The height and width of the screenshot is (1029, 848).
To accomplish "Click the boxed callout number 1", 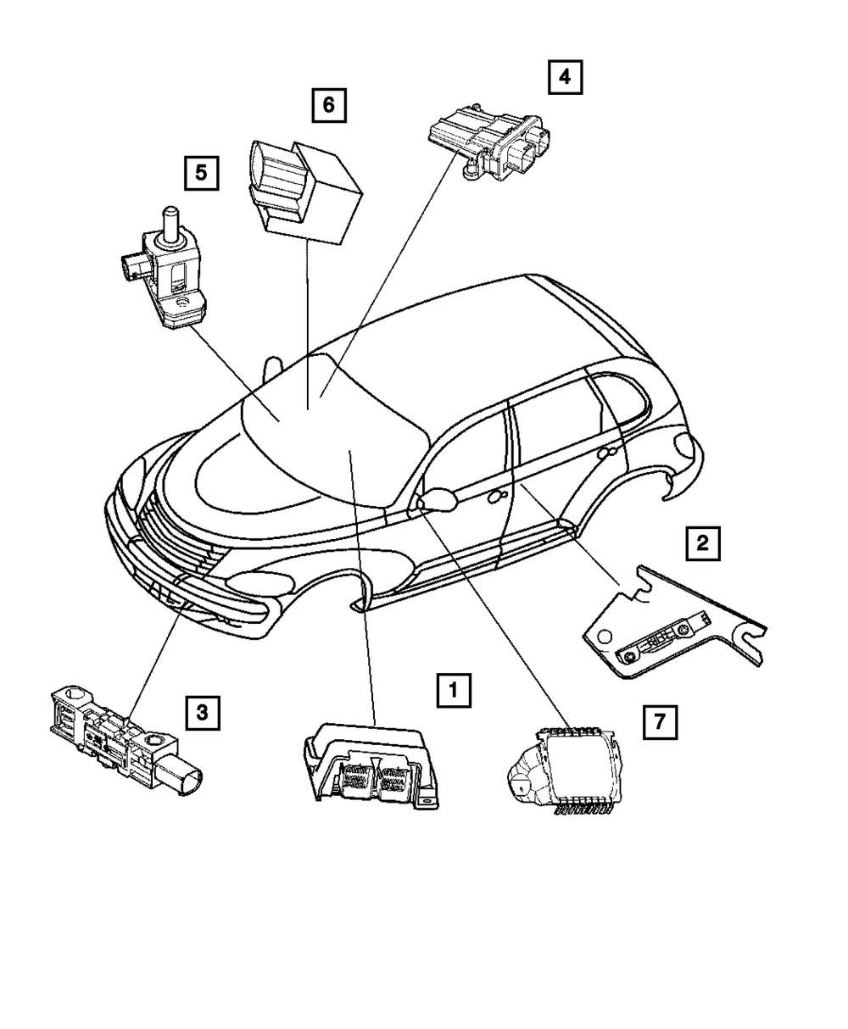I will [x=455, y=690].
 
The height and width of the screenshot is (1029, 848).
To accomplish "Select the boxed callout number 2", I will [x=702, y=542].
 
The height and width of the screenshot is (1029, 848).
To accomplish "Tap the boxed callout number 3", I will [x=202, y=713].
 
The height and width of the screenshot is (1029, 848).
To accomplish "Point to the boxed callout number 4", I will [x=564, y=78].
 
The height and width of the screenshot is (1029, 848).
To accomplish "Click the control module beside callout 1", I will [x=373, y=763].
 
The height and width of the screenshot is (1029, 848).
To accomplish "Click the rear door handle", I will [x=604, y=455].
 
